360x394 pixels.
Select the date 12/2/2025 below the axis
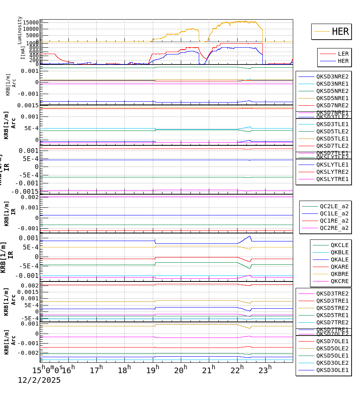pyautogui.click(x=39, y=380)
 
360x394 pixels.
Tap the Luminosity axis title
pyautogui.click(x=20, y=30)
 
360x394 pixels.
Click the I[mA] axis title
pyautogui.click(x=23, y=52)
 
